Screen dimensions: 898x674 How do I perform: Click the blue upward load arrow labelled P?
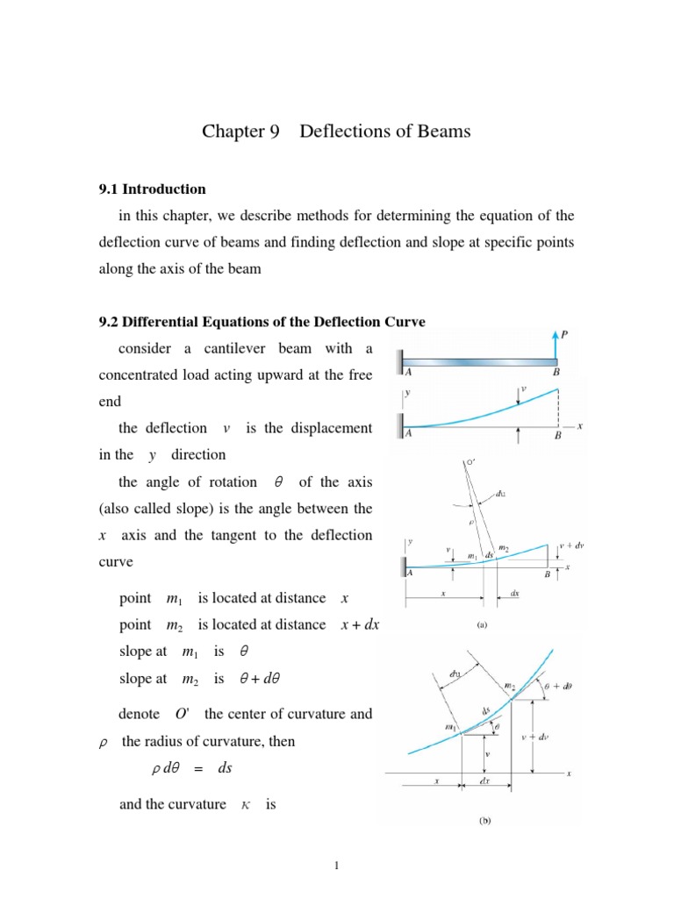pyautogui.click(x=556, y=340)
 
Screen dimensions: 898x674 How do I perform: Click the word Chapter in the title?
pyautogui.click(x=233, y=132)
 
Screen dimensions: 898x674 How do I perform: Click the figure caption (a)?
pyautogui.click(x=482, y=626)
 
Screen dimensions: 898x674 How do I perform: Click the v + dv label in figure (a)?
pyautogui.click(x=570, y=545)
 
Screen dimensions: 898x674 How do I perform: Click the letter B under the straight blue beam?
pyautogui.click(x=555, y=373)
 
